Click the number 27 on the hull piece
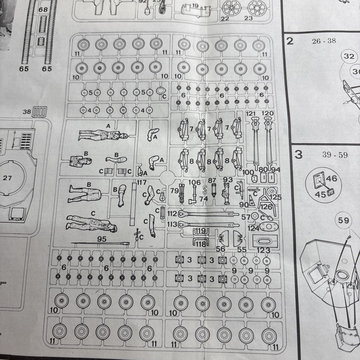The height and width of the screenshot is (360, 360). tap(7, 178)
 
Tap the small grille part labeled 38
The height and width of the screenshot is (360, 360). tap(40, 111)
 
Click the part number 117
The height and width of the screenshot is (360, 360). tap(141, 182)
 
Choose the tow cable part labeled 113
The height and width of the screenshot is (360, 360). tap(206, 225)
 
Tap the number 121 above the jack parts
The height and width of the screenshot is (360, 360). tap(251, 113)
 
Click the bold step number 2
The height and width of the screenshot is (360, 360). tap(289, 41)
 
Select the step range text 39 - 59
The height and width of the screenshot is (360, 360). tap(335, 155)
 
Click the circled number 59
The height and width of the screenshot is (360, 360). tap(343, 220)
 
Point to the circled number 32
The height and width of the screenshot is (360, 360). tap(349, 56)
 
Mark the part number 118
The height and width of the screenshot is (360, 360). tap(201, 244)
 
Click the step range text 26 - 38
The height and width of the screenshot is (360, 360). tap(324, 41)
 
